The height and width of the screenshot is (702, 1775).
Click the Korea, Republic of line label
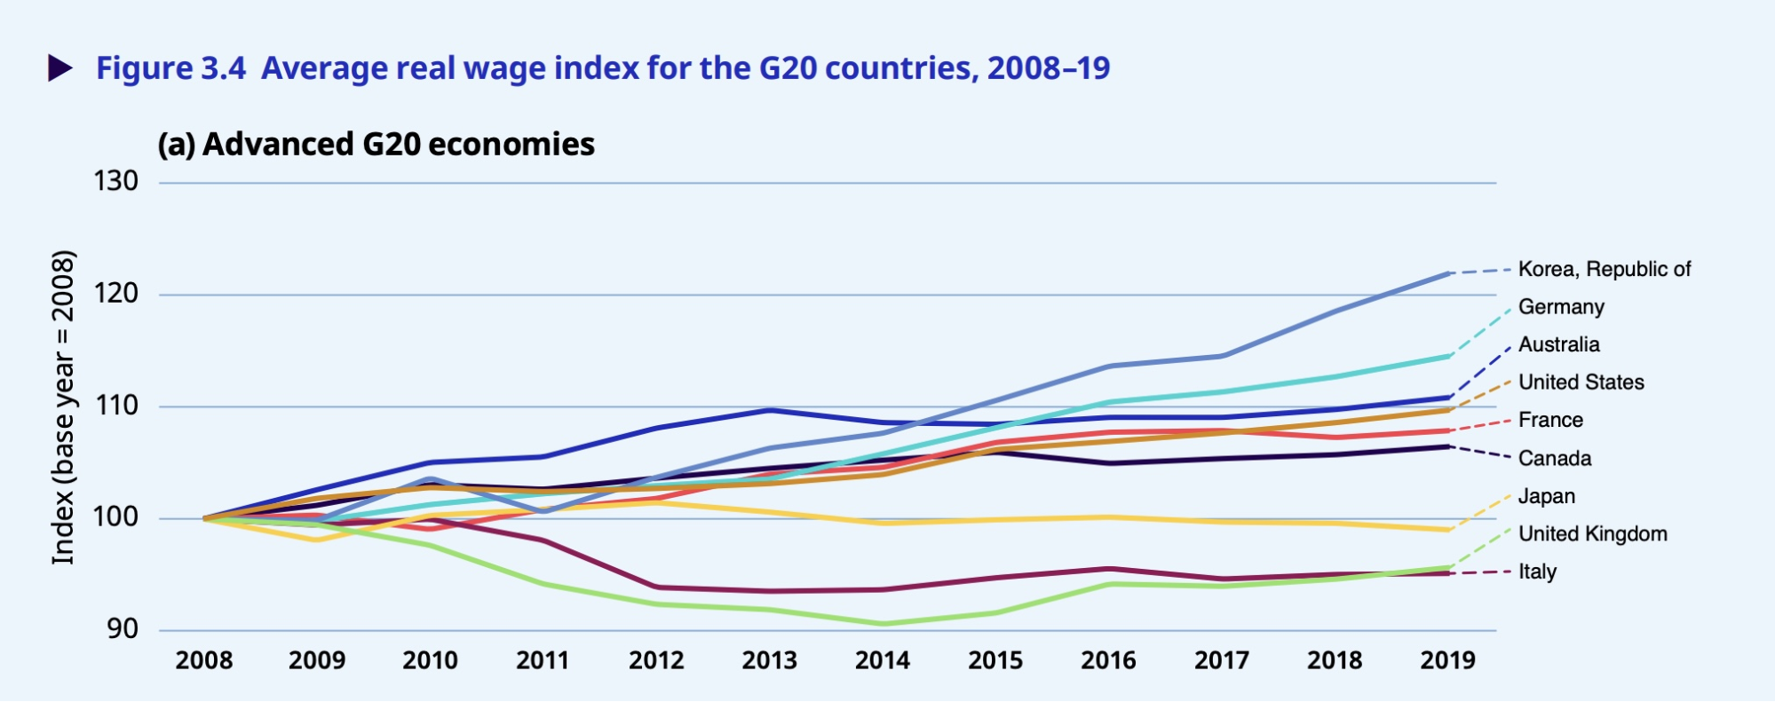pyautogui.click(x=1604, y=269)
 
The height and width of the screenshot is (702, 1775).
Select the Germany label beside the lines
pyautogui.click(x=1561, y=307)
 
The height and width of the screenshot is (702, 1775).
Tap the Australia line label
pyautogui.click(x=1558, y=344)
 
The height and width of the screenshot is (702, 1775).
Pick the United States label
pyautogui.click(x=1581, y=383)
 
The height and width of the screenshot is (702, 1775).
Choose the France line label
pyautogui.click(x=1550, y=420)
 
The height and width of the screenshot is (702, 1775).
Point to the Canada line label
pyautogui.click(x=1554, y=459)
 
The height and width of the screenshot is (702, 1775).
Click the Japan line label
pyautogui.click(x=1546, y=496)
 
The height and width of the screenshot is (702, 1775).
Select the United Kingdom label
pyautogui.click(x=1592, y=533)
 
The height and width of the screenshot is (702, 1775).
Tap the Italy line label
pyautogui.click(x=1537, y=572)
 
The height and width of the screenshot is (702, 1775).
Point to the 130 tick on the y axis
pyautogui.click(x=116, y=181)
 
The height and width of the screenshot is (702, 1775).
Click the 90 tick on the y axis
pyautogui.click(x=123, y=629)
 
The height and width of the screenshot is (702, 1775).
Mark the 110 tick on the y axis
pyautogui.click(x=116, y=406)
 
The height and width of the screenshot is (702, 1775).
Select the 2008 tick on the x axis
pyautogui.click(x=204, y=660)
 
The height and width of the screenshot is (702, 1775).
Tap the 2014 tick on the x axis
pyautogui.click(x=882, y=660)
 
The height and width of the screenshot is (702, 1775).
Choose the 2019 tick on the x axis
pyautogui.click(x=1447, y=660)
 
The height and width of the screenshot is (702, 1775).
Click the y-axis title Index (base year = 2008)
pyautogui.click(x=63, y=406)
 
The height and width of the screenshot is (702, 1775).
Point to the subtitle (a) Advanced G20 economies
pyautogui.click(x=376, y=145)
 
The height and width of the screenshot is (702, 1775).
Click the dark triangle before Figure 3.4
pyautogui.click(x=59, y=68)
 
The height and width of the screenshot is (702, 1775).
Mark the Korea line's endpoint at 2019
pyautogui.click(x=1449, y=273)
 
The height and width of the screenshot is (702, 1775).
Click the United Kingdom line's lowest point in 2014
pyautogui.click(x=883, y=624)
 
